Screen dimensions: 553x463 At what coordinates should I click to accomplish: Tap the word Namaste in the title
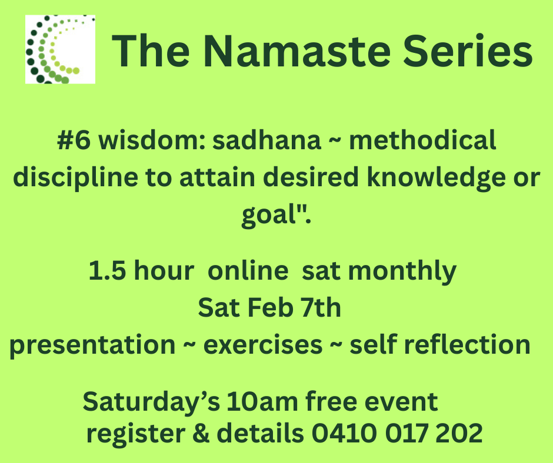click(297, 51)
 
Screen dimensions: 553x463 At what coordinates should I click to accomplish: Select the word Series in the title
click(468, 51)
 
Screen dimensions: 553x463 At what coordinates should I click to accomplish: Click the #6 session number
click(74, 140)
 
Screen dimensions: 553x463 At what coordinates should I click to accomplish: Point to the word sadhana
click(266, 140)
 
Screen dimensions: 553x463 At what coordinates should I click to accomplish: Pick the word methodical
click(422, 140)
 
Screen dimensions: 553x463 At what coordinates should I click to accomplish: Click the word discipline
click(75, 178)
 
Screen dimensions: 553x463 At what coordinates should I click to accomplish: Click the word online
click(248, 271)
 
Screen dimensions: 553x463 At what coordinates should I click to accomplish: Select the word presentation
click(92, 345)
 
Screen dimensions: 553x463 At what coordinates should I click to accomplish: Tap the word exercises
click(263, 345)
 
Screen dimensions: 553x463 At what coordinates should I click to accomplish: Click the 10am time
click(262, 402)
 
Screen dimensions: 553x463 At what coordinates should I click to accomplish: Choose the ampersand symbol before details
click(201, 433)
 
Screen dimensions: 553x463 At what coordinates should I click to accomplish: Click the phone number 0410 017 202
click(397, 433)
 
